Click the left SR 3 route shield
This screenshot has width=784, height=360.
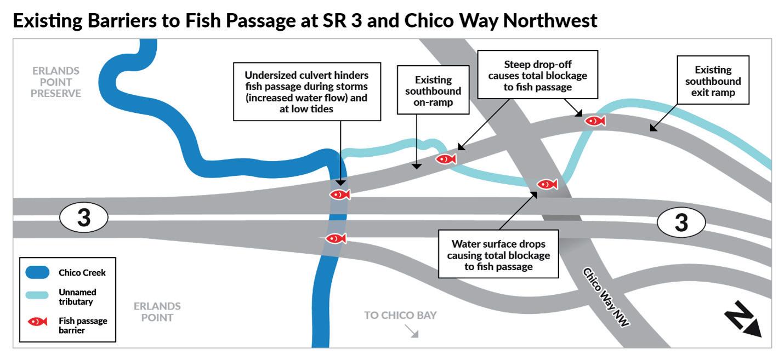pos(83,218)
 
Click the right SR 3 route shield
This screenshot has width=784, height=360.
pos(680,222)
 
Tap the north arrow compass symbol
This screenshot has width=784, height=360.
pos(743,319)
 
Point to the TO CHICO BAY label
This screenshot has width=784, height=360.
pos(401,315)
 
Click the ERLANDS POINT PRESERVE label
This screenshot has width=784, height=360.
pos(55,82)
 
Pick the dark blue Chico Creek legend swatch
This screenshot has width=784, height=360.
pos(38,272)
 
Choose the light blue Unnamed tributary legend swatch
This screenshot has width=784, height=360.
pos(38,295)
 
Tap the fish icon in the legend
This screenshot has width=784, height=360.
pos(38,322)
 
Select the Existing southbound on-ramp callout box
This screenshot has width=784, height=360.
pos(434,90)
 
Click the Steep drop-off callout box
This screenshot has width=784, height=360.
pos(537,75)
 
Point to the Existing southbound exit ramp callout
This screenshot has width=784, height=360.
pos(713,81)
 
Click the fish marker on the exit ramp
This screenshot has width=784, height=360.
pos(594,121)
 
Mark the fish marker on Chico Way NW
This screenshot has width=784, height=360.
pos(547,184)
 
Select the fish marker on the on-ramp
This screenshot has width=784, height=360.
pos(446,159)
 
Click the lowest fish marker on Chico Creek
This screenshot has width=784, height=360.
pos(336,238)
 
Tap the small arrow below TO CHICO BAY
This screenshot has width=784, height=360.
pos(412,332)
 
